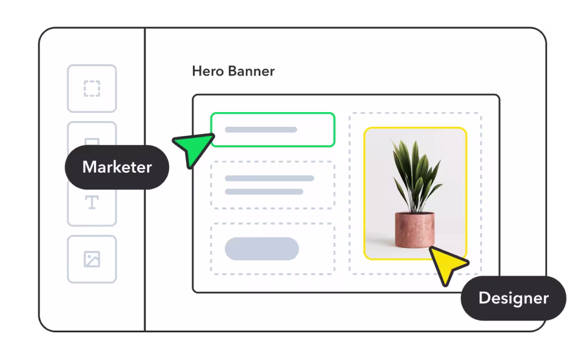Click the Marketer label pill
[x=117, y=167]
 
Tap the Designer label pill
[x=513, y=298]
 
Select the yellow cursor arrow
[x=447, y=264]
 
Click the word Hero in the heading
[x=208, y=71]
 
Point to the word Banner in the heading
[x=251, y=71]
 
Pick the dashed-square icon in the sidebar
[x=92, y=89]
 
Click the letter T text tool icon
[x=92, y=203]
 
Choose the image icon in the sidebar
[x=92, y=259]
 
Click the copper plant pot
[x=415, y=230]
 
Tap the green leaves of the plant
[x=416, y=174]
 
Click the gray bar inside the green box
[x=261, y=130]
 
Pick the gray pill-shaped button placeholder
[x=262, y=248]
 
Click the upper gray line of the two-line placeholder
[x=269, y=178]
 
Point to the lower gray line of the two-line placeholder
[x=264, y=191]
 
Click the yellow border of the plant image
[x=364, y=194]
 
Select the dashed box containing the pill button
[x=212, y=249]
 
